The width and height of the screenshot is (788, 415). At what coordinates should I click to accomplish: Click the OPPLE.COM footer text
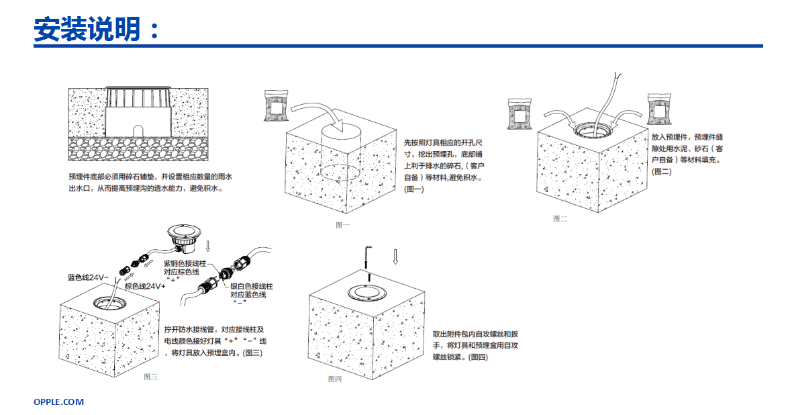[59, 402]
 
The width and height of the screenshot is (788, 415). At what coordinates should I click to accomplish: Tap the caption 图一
[342, 225]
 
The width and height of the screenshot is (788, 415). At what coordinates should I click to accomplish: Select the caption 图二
[560, 218]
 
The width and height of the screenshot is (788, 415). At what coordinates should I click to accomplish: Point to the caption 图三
[150, 377]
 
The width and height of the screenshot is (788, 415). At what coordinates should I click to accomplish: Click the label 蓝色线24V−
[88, 277]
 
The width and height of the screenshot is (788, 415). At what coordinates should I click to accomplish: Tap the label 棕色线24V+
[145, 286]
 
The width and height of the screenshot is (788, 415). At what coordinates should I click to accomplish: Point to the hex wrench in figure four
[367, 259]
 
